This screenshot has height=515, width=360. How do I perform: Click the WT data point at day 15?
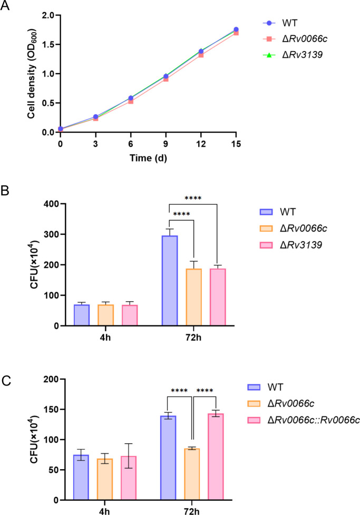tap(236, 29)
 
